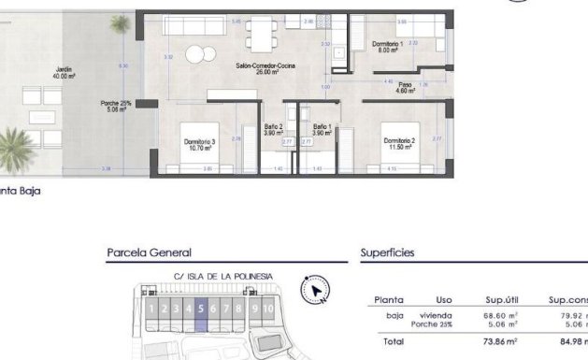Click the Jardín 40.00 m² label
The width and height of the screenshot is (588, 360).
pyautogui.click(x=64, y=73)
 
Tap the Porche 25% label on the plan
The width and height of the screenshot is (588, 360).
pyautogui.click(x=116, y=106)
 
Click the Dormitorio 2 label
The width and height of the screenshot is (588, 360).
pyautogui.click(x=399, y=143)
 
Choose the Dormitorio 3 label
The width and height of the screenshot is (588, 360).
pyautogui.click(x=200, y=144)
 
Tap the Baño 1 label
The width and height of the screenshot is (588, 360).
pyautogui.click(x=323, y=130)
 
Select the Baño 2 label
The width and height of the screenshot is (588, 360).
pyautogui.click(x=273, y=130)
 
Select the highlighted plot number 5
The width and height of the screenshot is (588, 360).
pyautogui.click(x=201, y=309)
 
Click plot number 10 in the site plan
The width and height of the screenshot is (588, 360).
pyautogui.click(x=268, y=309)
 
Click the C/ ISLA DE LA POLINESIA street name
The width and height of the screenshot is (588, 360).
pyautogui.click(x=222, y=276)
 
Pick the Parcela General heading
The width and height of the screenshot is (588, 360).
pyautogui.click(x=150, y=252)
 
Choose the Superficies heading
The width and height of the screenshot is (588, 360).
pyautogui.click(x=388, y=252)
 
